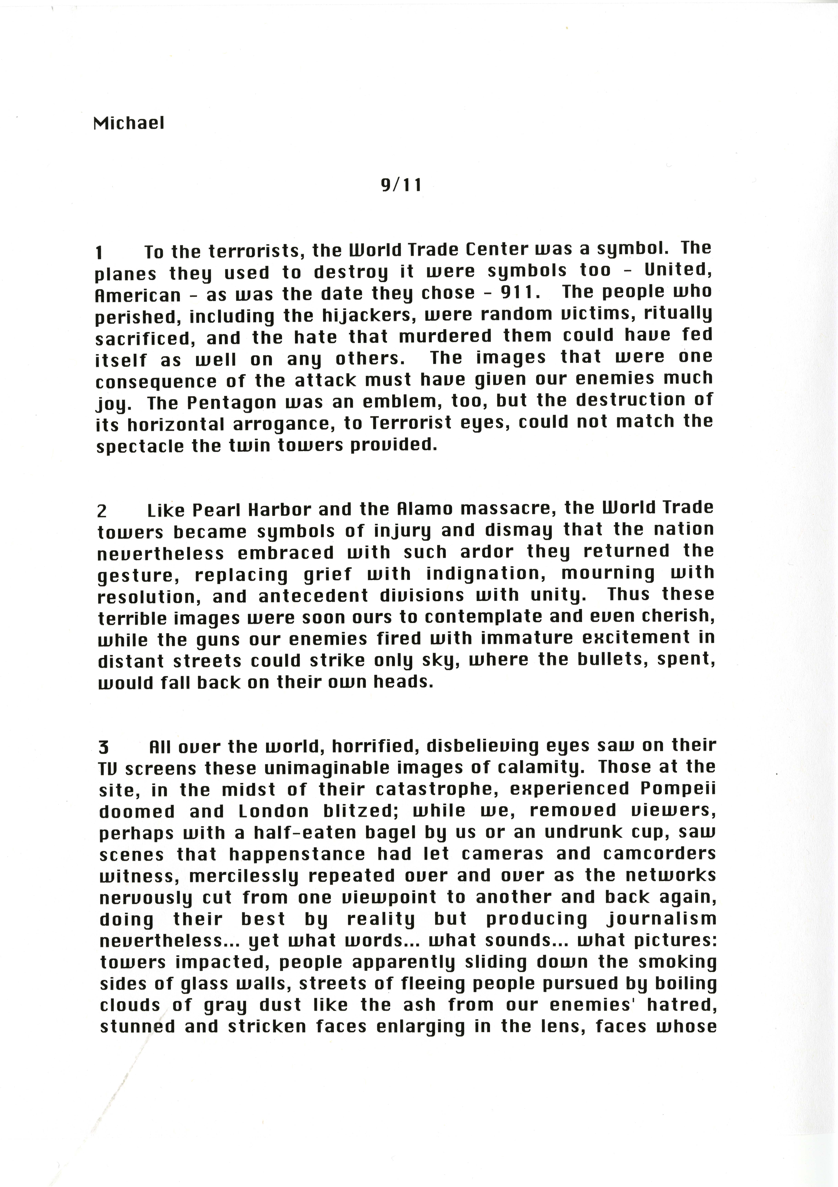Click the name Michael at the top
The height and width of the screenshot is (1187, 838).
[x=129, y=123]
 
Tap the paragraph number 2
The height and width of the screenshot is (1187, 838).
[x=102, y=511]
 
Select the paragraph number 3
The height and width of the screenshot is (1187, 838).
[x=103, y=747]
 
